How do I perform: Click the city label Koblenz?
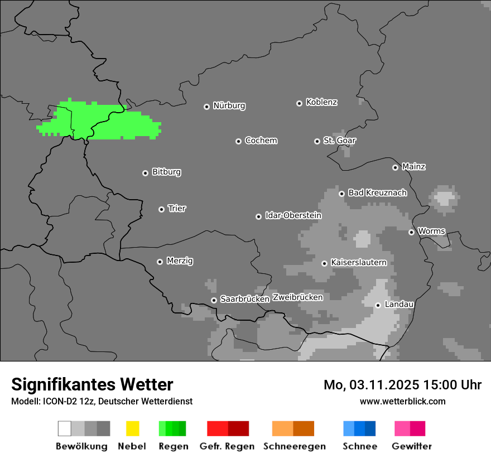[x=321, y=102]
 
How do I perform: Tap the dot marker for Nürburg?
[x=206, y=106]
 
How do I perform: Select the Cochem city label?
[x=261, y=141]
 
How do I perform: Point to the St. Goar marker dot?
[x=317, y=141]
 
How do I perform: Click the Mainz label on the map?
[x=413, y=166]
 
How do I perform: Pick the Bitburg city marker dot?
[x=145, y=173]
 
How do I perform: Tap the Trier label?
[x=177, y=209]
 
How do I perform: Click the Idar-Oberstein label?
[x=293, y=215]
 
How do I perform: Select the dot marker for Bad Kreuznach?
[x=341, y=194]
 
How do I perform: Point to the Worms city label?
[x=431, y=231]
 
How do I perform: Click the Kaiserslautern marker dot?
[x=324, y=263]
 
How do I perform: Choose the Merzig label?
[x=180, y=261]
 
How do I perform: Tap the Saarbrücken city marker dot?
[x=214, y=300]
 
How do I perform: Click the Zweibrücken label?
[x=297, y=297]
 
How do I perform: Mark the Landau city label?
[x=399, y=304]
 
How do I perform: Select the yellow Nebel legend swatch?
[x=132, y=428]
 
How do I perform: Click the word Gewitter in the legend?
[x=412, y=446]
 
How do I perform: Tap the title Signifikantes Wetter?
[x=92, y=384]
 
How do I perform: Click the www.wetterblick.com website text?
[x=402, y=401]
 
